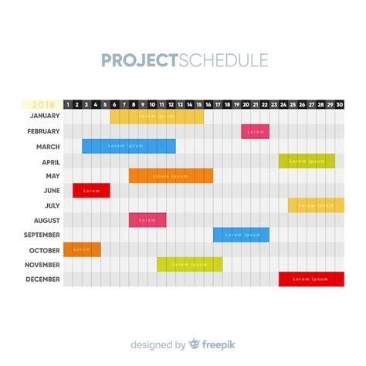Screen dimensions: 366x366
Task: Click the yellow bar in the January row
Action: point(157,117)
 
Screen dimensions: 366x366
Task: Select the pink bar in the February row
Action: point(255,131)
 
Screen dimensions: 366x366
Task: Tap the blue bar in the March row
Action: point(129,146)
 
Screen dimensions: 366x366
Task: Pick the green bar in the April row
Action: point(307,161)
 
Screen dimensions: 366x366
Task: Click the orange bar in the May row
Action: point(171,176)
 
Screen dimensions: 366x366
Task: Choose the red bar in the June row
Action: point(91,191)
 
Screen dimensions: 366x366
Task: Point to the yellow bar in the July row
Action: point(316,205)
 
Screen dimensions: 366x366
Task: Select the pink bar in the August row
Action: point(147,220)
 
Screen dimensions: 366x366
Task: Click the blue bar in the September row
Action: point(241,235)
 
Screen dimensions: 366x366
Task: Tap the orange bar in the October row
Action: point(82,249)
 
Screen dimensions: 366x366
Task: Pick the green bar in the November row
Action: point(189,264)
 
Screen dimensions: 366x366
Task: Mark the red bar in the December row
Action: point(311,279)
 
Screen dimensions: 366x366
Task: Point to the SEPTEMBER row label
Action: point(42,235)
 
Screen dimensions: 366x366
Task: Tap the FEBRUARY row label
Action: point(43,131)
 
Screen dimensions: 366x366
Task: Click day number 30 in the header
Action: point(340,104)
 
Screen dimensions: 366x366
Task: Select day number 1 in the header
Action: point(68,104)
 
